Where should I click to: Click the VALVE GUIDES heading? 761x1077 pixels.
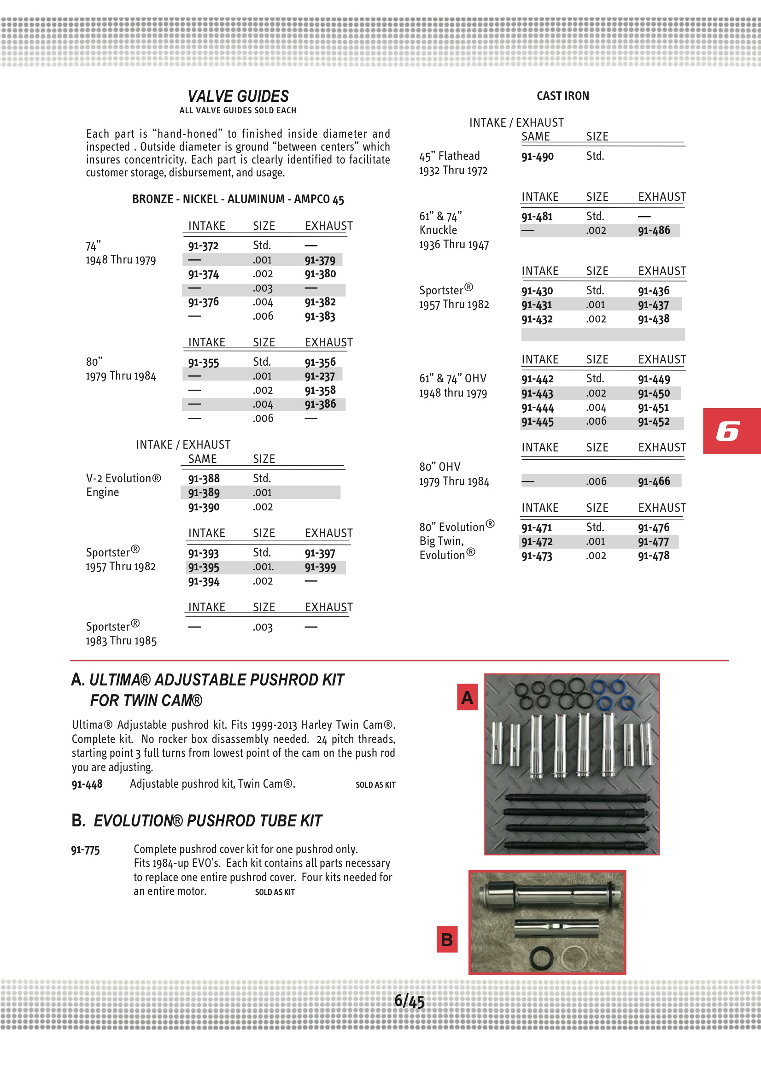[238, 96]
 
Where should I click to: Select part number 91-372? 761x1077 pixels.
[203, 246]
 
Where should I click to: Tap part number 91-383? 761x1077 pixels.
[320, 316]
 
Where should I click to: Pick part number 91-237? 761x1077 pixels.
[320, 376]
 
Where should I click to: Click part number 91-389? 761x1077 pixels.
[204, 492]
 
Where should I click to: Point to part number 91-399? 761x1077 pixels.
[320, 567]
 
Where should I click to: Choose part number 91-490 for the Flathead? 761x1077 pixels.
[537, 156]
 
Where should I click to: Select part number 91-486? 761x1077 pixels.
[654, 230]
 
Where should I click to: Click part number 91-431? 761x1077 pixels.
[537, 305]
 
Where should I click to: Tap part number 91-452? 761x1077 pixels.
[654, 421]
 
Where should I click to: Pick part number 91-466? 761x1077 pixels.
[654, 481]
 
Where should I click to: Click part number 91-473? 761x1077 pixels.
[537, 556]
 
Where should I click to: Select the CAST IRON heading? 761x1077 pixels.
[562, 96]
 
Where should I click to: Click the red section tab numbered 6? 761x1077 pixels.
[731, 431]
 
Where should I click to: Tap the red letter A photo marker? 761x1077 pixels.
[467, 697]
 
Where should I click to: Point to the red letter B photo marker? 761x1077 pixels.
[447, 939]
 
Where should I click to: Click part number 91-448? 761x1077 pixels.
[87, 784]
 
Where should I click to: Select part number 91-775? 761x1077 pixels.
[85, 850]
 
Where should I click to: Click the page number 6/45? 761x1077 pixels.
[409, 1001]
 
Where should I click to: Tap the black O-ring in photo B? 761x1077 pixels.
[541, 958]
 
